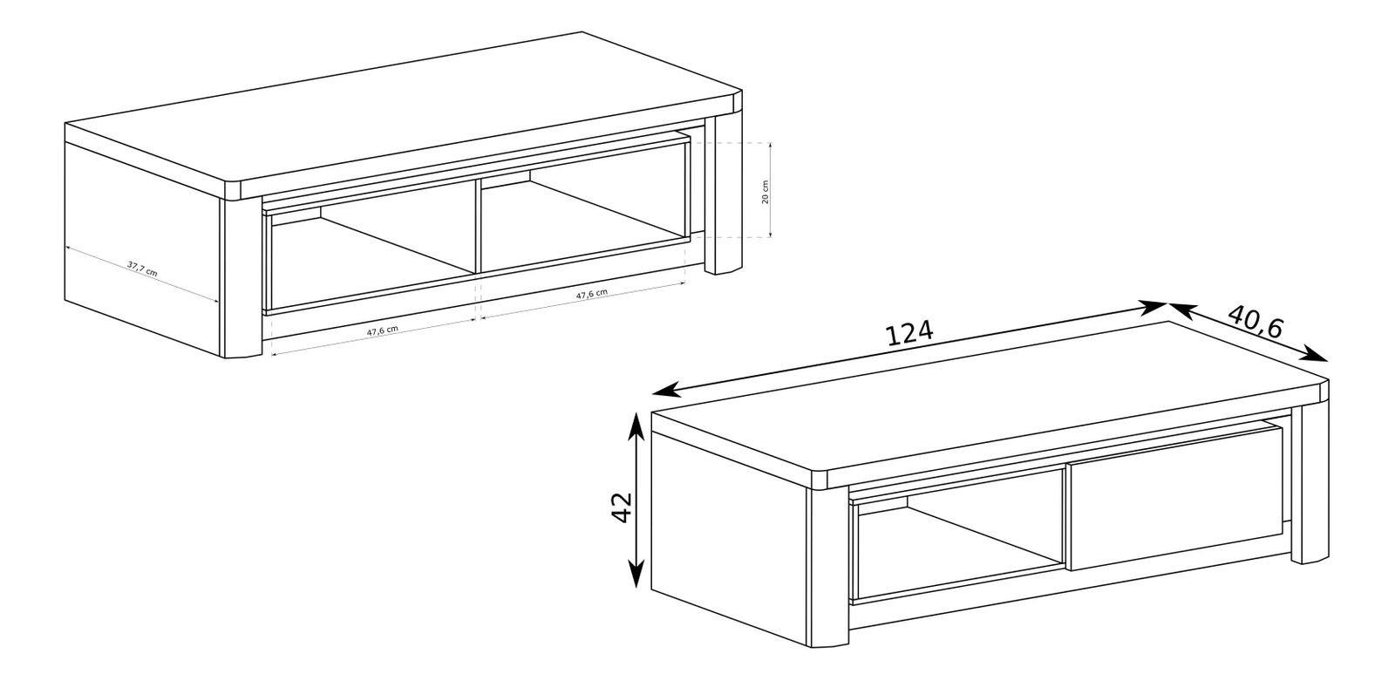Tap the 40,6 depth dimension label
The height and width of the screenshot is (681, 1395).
1255,322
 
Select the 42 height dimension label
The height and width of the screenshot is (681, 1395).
623,507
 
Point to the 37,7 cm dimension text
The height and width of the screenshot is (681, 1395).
142,269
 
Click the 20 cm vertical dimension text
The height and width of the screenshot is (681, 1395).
766,192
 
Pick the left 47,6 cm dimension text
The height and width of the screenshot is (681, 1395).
382,331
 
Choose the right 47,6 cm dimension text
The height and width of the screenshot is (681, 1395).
591,294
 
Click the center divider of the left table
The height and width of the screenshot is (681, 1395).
479,226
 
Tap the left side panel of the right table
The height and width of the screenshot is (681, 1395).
729,538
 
